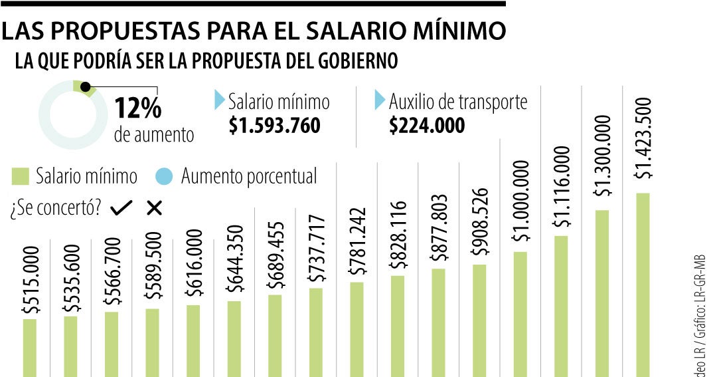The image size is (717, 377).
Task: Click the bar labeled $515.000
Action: point(29,348)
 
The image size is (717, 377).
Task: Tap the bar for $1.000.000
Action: point(520,314)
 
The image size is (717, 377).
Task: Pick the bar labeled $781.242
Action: point(357,329)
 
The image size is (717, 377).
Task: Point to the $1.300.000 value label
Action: point(603,156)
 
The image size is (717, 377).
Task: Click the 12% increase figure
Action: point(138,107)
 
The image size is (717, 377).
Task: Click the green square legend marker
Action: point(21,176)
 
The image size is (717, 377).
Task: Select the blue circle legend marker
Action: point(165,177)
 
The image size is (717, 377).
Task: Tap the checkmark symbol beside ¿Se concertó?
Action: point(121,208)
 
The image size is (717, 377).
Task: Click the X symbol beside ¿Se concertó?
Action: point(154,208)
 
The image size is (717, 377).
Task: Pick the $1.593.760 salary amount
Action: point(274,126)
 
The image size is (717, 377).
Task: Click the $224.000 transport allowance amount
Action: point(427,126)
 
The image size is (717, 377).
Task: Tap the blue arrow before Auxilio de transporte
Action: point(380,100)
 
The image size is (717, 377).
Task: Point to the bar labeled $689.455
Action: point(275,335)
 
